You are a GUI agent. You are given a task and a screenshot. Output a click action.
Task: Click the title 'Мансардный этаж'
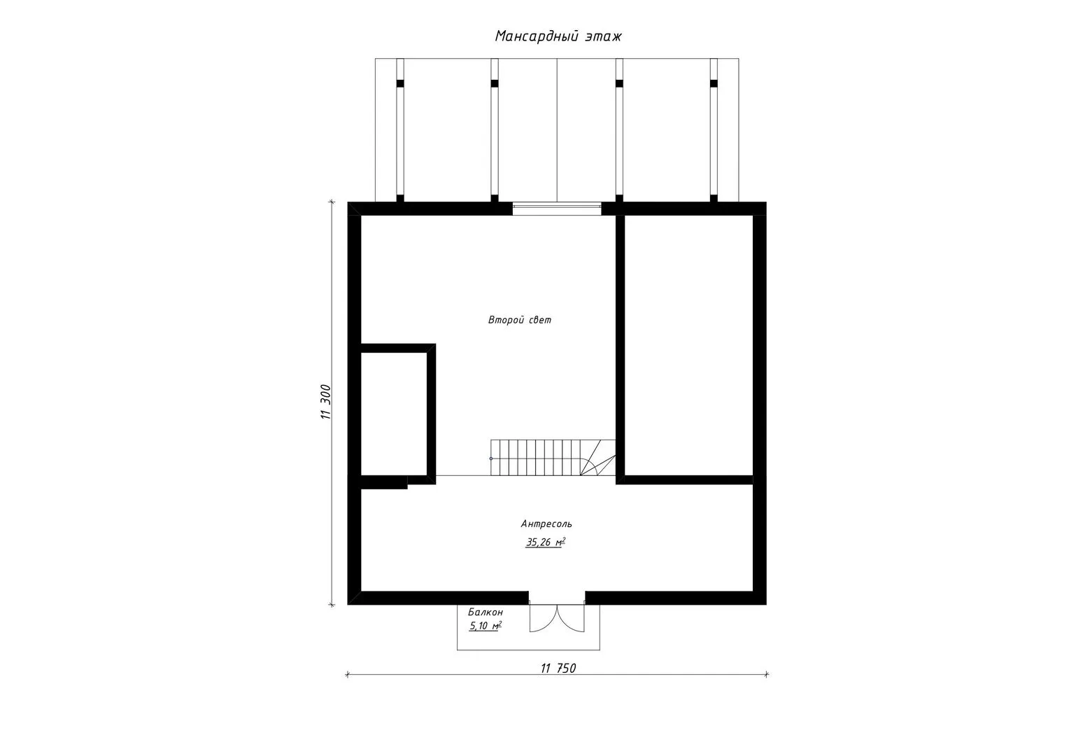click(558, 36)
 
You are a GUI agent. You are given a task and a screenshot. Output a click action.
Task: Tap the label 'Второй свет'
click(519, 320)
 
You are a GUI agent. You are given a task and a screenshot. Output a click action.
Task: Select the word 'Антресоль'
click(546, 524)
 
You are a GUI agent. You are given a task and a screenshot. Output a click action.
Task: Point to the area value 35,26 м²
click(546, 542)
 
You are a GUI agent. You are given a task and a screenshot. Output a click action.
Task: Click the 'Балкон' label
click(486, 612)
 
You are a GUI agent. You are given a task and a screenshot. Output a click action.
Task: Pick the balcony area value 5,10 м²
click(486, 626)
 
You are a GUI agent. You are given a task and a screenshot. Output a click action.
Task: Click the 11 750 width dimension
click(558, 668)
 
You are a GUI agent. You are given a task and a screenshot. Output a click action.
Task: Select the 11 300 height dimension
click(325, 402)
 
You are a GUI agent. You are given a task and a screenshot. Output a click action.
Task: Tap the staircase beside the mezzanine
click(553, 458)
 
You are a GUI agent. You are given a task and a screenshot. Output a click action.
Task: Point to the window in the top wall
click(557, 209)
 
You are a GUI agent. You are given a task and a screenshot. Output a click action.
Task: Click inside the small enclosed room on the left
click(394, 414)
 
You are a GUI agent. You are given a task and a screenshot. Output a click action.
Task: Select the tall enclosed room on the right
click(688, 345)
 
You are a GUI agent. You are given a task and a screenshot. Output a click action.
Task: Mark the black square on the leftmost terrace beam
click(400, 83)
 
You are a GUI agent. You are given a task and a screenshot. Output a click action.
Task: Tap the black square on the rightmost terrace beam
click(714, 83)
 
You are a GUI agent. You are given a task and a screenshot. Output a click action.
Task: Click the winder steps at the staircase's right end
click(597, 458)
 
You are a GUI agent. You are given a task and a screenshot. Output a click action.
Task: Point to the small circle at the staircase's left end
click(491, 458)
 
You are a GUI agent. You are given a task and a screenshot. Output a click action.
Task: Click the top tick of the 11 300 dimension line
click(332, 202)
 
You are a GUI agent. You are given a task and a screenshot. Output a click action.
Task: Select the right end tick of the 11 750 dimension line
click(767, 675)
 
